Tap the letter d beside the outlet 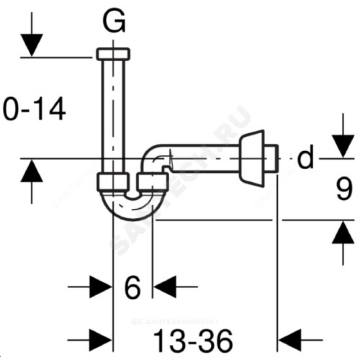tap(306, 158)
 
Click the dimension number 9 tap(343, 190)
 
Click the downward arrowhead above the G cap tap(32, 45)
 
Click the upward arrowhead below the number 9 tap(343, 233)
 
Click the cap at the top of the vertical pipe tap(114, 53)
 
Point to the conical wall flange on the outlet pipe tap(252, 157)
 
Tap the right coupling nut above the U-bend tap(152, 182)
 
